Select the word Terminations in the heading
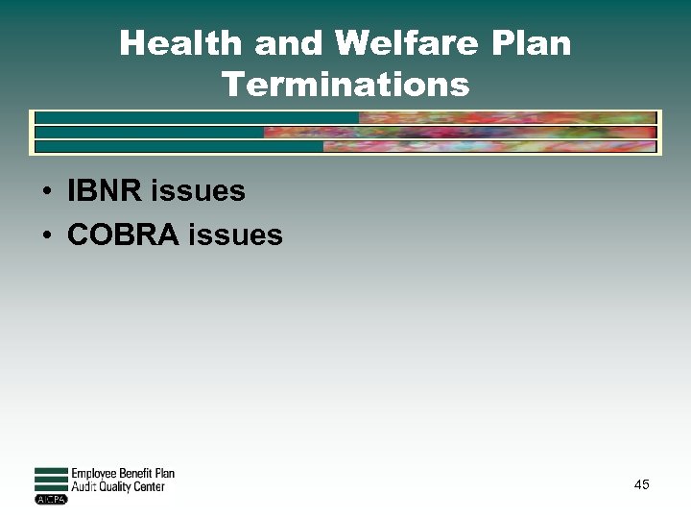[x=345, y=85]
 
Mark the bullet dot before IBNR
[x=46, y=192]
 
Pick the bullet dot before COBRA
[x=46, y=235]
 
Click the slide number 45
[x=641, y=484]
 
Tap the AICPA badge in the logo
[x=51, y=499]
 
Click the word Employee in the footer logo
[x=94, y=474]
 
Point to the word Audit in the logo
[x=83, y=486]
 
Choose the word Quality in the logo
[x=115, y=486]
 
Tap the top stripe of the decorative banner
[x=345, y=118]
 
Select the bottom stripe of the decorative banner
[x=345, y=147]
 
